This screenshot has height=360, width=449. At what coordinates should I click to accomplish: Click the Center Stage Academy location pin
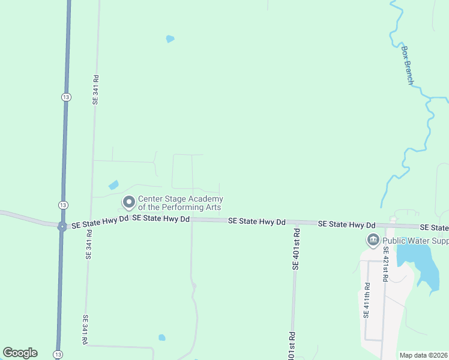(x=128, y=202)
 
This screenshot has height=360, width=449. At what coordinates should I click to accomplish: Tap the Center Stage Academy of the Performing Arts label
(x=181, y=203)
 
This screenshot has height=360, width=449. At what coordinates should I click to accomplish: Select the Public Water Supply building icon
(x=373, y=241)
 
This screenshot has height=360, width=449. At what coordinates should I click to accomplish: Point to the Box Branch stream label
(x=408, y=65)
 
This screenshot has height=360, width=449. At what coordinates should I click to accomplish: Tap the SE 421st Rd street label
(x=385, y=265)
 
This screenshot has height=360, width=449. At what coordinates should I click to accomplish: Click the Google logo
(x=20, y=353)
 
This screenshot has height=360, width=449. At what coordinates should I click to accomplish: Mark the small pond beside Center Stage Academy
(x=113, y=185)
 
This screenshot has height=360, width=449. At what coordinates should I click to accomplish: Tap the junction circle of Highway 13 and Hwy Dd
(x=62, y=226)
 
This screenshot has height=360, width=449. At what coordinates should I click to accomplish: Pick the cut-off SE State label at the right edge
(x=434, y=227)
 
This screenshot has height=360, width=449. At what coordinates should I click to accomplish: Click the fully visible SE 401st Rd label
(x=295, y=249)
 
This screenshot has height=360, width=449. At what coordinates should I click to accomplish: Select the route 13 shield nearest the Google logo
(x=58, y=354)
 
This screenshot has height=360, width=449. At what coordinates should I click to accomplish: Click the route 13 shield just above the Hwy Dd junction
(x=63, y=205)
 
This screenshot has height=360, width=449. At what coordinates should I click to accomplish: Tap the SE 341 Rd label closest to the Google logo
(x=86, y=331)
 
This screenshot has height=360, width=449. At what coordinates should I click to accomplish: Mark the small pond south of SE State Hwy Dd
(x=161, y=338)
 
